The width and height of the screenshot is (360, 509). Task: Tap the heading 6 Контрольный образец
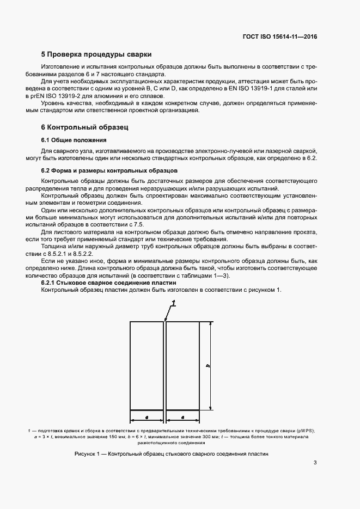84,127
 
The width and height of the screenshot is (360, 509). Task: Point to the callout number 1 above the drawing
173,302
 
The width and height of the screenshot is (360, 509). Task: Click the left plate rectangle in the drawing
147,365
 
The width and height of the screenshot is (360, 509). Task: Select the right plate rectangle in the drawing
182,365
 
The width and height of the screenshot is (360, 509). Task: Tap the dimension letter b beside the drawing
208,365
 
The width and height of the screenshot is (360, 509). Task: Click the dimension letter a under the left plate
147,417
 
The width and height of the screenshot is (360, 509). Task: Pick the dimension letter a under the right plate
182,417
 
